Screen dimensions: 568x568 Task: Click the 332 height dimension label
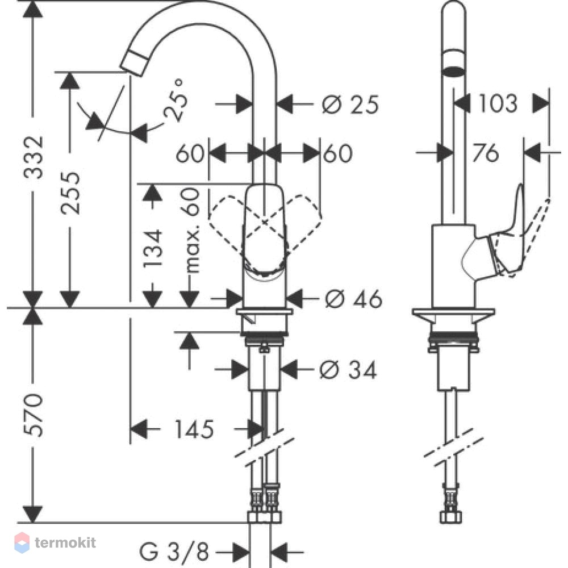(34, 157)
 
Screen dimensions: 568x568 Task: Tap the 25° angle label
(176, 99)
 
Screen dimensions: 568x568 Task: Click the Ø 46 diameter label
(353, 299)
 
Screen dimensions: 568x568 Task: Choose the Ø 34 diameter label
(348, 370)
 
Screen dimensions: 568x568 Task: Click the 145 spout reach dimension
(194, 429)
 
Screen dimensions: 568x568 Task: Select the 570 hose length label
(34, 415)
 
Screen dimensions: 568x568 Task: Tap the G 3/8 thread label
(174, 552)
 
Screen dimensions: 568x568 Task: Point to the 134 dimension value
(152, 249)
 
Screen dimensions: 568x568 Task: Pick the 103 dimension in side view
(498, 103)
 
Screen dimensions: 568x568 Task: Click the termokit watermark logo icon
(22, 542)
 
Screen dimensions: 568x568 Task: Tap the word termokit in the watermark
(65, 542)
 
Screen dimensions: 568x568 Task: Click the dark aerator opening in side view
(453, 71)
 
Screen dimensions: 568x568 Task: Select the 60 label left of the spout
(190, 153)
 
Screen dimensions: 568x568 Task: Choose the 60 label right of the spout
(338, 153)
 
